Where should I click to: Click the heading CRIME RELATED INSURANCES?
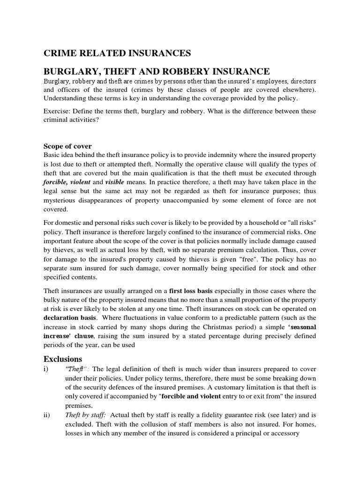pos(117,53)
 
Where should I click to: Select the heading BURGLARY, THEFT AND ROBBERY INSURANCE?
pos(157,72)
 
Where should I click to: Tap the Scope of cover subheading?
pos(67,146)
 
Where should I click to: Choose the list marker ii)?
pos(47,414)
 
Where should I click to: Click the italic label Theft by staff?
pos(85,414)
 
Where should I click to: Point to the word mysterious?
pos(64,200)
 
